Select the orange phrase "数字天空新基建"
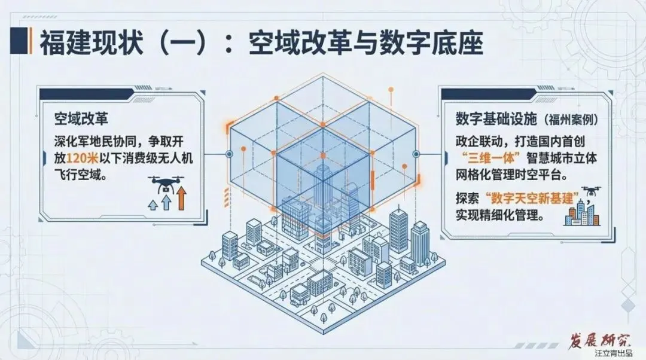pyautogui.click(x=527, y=198)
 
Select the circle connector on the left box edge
pyautogui.click(x=229, y=154)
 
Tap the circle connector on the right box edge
pyautogui.click(x=416, y=154)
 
